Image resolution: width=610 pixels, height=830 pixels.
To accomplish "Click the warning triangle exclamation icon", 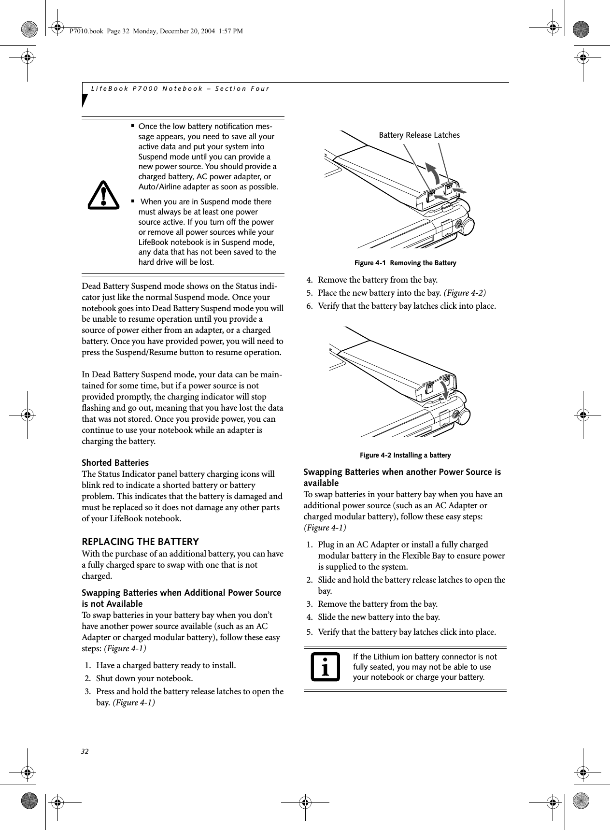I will click(x=103, y=196).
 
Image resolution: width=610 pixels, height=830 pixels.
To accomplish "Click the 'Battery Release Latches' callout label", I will click(x=419, y=135).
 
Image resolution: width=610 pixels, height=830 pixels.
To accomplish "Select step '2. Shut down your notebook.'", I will click(x=144, y=678).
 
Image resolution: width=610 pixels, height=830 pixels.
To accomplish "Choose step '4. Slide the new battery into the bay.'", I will click(x=379, y=617).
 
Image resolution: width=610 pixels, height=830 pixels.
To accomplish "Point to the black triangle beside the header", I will click(x=85, y=100).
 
